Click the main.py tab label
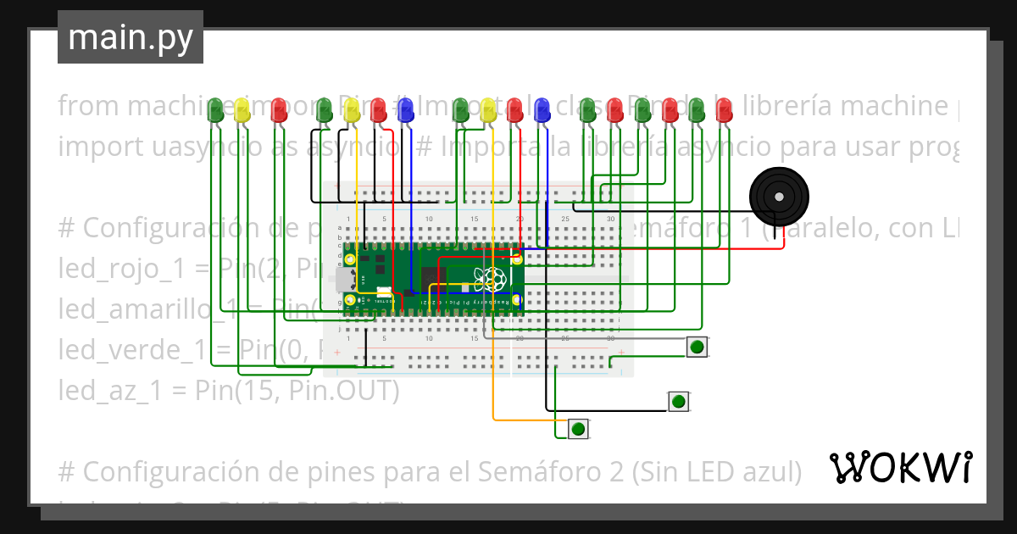coord(130,37)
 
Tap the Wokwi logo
coord(900,467)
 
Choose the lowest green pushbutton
coord(578,428)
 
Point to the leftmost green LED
coord(216,108)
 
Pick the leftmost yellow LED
coord(242,108)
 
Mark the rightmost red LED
coord(723,109)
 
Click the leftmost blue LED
coord(406,108)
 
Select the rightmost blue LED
coord(542,108)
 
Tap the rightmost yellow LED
coord(488,109)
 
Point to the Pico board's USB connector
coord(344,279)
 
